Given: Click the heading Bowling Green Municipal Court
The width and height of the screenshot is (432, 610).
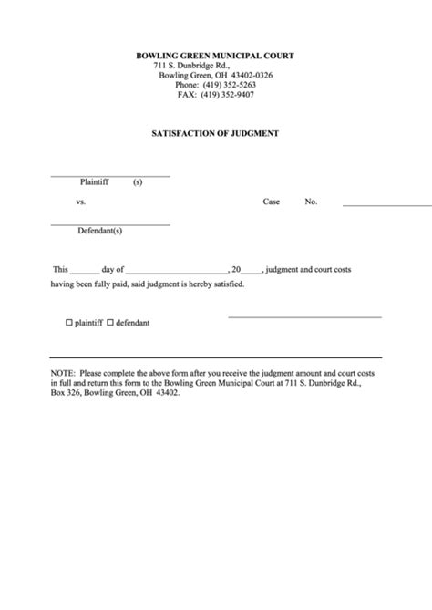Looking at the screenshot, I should click(215, 56).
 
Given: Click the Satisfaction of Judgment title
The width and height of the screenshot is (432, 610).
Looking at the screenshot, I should click(215, 133).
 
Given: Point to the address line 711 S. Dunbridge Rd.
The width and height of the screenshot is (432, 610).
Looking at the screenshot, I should click(191, 66).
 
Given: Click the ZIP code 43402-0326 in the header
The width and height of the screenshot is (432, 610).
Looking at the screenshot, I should click(246, 75).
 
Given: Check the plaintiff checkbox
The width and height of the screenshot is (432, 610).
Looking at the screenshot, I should click(68, 324).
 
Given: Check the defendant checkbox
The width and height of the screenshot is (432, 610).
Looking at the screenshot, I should click(110, 324).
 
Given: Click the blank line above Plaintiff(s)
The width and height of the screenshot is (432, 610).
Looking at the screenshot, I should click(109, 174).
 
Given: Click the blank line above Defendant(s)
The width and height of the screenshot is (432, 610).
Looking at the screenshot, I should click(109, 223).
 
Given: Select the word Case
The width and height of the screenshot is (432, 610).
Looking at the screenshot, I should click(272, 202).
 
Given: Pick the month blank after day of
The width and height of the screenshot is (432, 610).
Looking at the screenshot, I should click(176, 272).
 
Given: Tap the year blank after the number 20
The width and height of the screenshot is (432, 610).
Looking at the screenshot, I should click(252, 272).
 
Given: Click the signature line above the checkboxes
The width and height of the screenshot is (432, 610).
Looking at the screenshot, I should click(303, 316).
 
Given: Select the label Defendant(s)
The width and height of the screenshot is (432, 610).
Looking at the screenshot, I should click(100, 232).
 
